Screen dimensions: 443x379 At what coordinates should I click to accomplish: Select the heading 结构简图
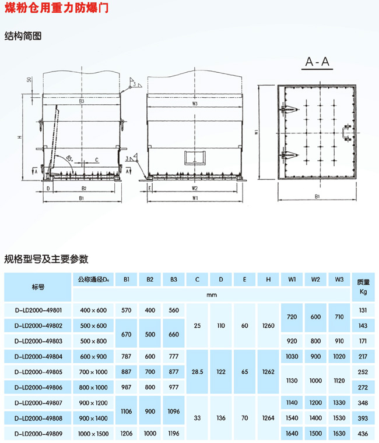point(23,36)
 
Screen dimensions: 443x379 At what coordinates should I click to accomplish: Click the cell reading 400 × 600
point(93,310)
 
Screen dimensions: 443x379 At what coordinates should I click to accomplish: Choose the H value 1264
point(268,417)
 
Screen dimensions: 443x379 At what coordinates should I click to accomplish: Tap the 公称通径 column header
point(93,279)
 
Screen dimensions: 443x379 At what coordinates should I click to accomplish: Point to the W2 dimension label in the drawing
point(194,189)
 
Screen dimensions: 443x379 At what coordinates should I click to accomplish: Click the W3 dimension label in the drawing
point(194,104)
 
